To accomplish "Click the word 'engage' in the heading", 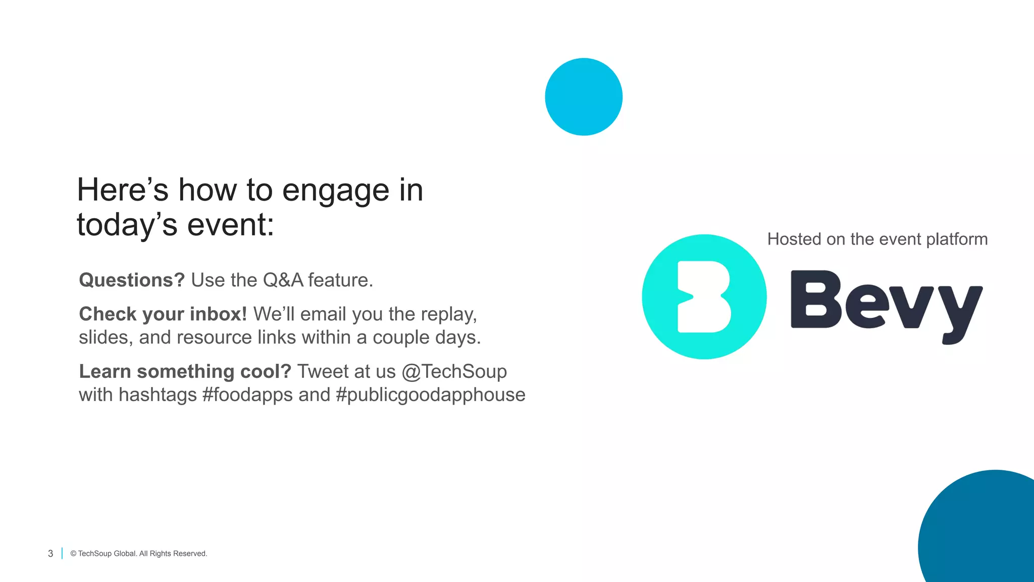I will pos(335,191).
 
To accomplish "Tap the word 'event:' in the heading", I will pos(230,225).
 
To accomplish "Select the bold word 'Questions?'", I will pos(132,280).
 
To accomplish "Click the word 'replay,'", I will pos(448,314).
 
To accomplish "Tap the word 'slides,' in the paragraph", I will pos(106,337).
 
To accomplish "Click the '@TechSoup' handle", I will pos(454,371).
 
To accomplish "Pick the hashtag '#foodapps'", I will pos(247,395).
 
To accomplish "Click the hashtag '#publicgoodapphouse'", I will pos(430,395).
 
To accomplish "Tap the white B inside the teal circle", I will pos(703,297).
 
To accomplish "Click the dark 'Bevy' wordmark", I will pos(886,303).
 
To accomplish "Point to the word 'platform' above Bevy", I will pos(957,239).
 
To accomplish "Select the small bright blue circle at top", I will pos(584,96).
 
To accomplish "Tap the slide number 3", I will pos(50,554).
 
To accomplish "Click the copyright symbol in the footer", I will pos(73,554).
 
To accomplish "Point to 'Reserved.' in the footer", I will pos(190,554).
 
